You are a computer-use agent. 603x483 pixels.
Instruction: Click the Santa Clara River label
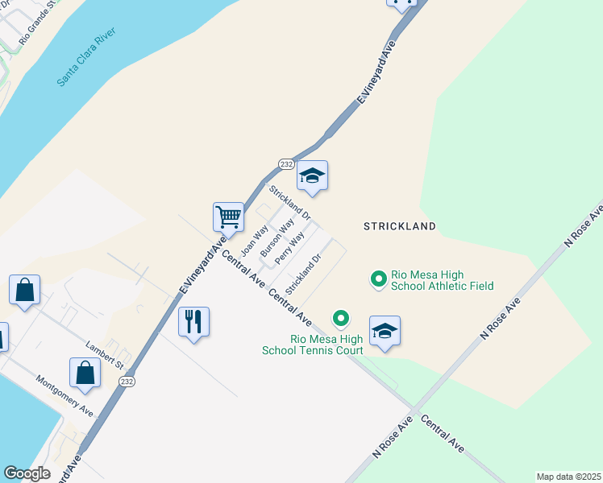click(x=86, y=57)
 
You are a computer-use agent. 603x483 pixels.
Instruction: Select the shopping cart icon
click(x=228, y=216)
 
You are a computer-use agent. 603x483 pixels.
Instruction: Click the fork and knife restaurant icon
click(x=193, y=321)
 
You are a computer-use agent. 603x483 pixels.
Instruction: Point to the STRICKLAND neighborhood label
click(x=399, y=226)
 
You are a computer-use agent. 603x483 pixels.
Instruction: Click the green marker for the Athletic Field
click(x=377, y=279)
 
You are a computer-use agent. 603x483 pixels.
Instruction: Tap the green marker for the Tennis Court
click(x=341, y=319)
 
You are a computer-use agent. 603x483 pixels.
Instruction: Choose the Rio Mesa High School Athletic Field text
click(x=442, y=280)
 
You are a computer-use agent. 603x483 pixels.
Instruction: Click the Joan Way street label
click(x=255, y=239)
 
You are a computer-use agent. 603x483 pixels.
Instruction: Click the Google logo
click(x=27, y=473)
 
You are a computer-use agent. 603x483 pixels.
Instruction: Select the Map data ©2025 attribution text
click(x=568, y=477)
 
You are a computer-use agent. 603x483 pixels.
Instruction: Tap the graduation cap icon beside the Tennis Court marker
click(x=385, y=330)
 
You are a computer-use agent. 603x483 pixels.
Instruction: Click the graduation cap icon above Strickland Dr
click(x=312, y=176)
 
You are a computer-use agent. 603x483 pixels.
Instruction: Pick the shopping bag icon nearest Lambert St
click(x=85, y=372)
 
